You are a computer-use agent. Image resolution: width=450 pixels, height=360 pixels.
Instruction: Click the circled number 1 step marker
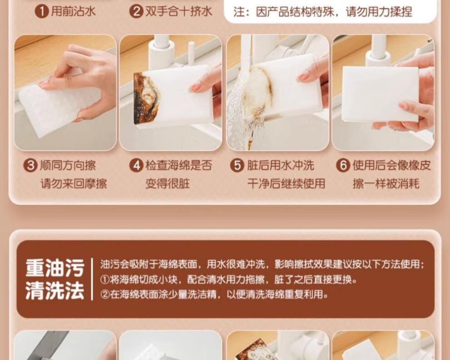tap(42, 12)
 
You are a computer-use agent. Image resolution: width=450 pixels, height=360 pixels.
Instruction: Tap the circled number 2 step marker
tap(136, 12)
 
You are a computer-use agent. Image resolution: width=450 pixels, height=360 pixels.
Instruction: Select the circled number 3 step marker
tap(30, 165)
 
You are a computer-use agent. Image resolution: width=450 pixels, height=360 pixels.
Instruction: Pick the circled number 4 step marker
tap(136, 165)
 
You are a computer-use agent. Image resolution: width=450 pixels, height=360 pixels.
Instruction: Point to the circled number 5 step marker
tap(237, 165)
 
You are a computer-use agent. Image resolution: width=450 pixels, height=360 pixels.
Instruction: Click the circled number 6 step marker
tap(343, 165)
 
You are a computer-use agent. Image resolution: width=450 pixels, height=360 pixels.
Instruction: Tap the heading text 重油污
tap(55, 268)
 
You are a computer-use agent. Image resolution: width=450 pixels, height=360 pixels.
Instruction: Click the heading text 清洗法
tap(55, 290)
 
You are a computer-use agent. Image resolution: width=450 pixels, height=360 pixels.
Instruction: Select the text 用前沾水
tap(73, 12)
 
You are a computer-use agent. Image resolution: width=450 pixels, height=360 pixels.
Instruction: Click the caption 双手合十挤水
tap(179, 12)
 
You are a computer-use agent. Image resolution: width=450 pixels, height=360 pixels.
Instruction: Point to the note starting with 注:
tap(323, 12)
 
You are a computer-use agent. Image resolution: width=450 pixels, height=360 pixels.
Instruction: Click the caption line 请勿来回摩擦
tap(74, 184)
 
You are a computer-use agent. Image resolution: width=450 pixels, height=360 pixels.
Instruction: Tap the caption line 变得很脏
tap(168, 184)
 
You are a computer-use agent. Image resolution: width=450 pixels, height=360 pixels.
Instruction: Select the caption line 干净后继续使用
tap(286, 184)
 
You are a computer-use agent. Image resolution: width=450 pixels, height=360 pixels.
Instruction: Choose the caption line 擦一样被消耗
tap(386, 184)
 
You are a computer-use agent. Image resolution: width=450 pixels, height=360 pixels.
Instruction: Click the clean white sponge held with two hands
tap(380, 94)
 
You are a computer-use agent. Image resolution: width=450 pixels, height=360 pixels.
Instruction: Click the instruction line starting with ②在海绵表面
tap(214, 294)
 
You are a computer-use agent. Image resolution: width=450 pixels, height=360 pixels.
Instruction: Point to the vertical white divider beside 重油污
tap(92, 279)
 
